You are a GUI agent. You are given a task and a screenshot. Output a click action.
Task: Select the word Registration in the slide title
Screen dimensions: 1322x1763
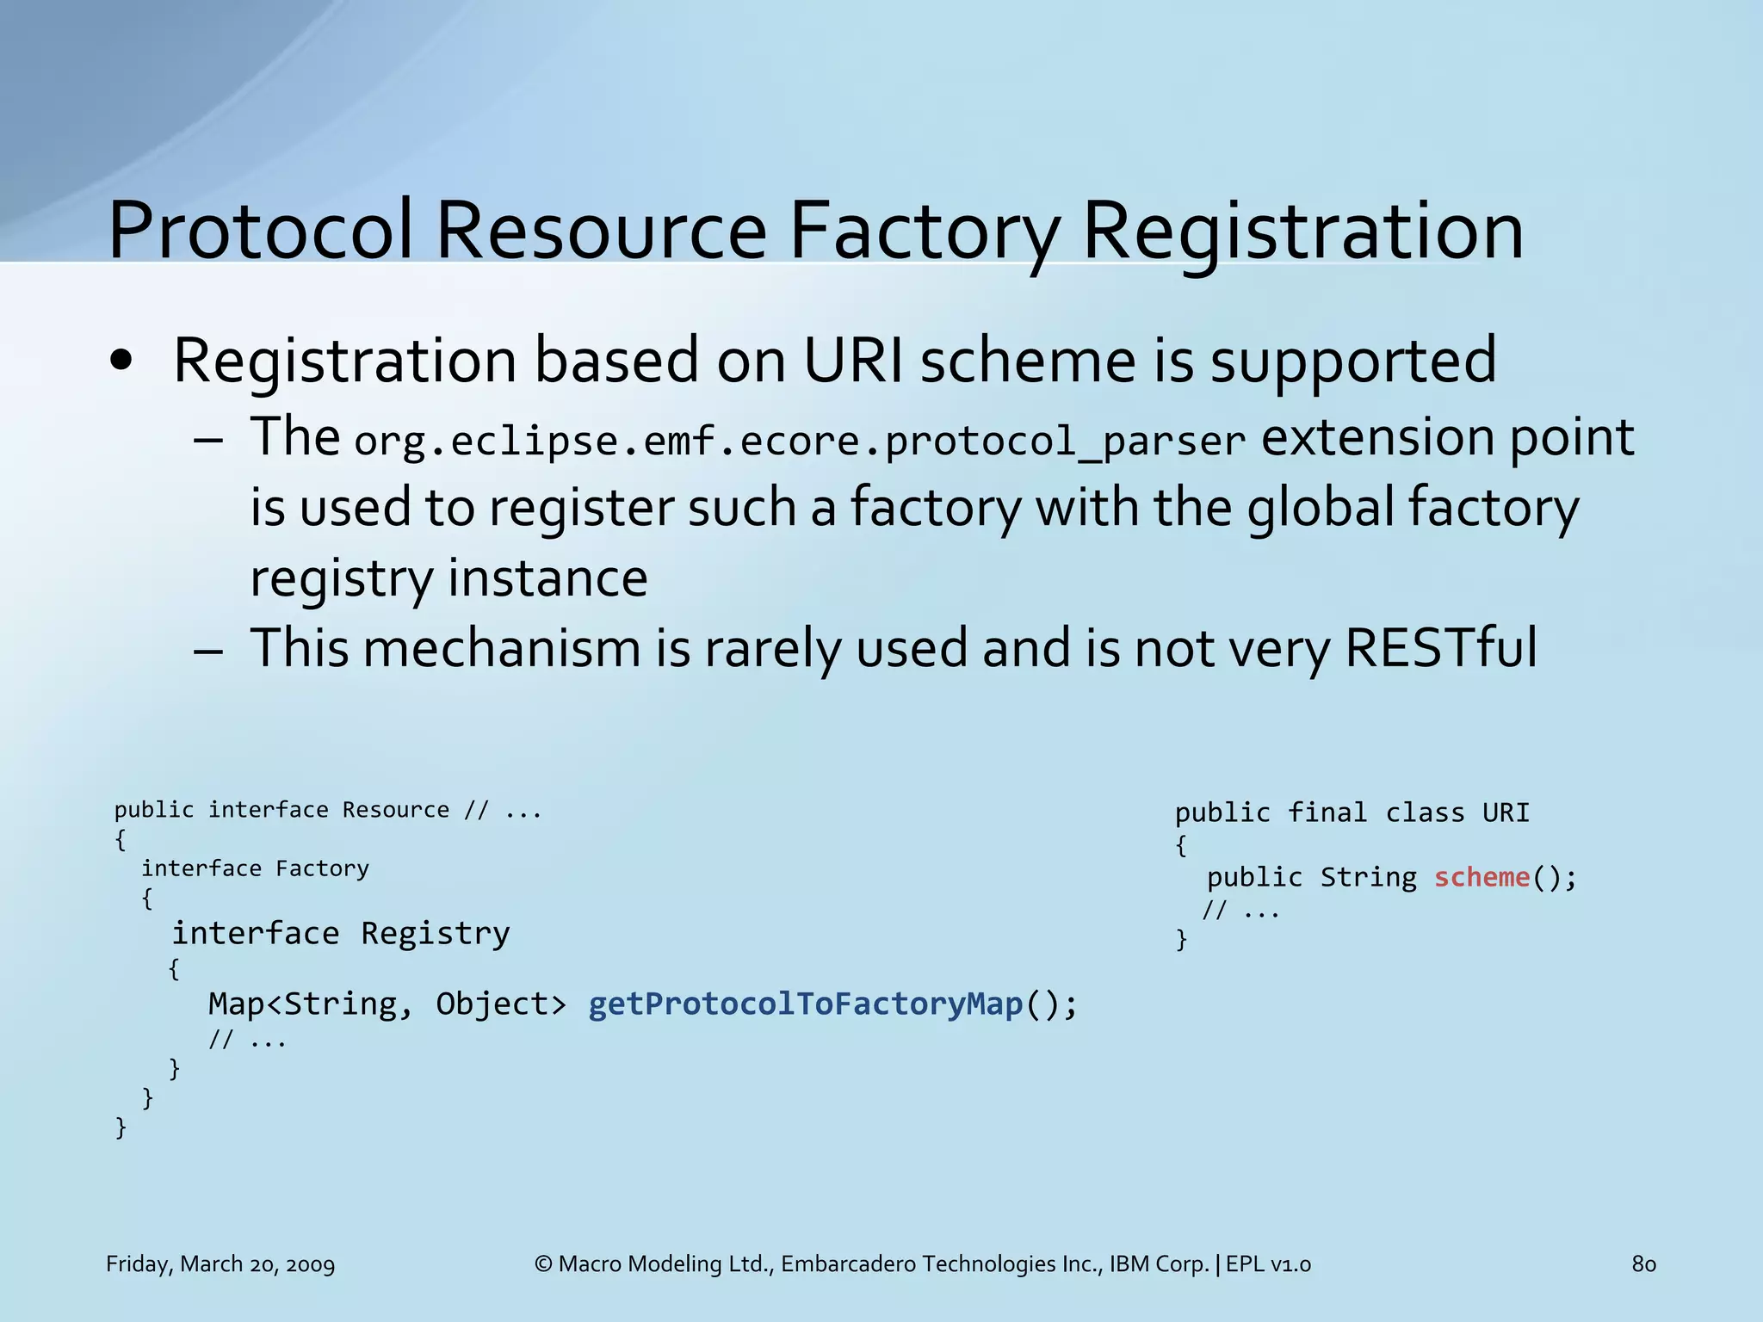click(x=1302, y=231)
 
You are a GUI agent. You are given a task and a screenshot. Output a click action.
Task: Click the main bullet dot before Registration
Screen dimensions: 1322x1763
click(x=121, y=362)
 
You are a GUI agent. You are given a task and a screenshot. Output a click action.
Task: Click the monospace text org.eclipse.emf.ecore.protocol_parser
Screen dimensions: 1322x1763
click(x=800, y=441)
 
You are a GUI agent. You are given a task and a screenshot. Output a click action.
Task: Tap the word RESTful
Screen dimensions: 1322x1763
click(x=1440, y=647)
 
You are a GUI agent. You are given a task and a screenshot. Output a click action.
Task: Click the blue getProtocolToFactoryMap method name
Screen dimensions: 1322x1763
click(x=806, y=1004)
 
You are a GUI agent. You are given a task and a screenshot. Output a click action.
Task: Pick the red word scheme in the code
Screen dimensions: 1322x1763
click(x=1482, y=877)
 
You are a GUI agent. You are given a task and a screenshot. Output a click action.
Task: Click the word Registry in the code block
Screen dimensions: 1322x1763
click(x=435, y=933)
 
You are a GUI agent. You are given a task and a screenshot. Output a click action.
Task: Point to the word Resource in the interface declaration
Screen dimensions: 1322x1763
click(x=396, y=810)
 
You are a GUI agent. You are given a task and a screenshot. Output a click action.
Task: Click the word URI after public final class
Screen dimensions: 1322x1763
click(x=1506, y=812)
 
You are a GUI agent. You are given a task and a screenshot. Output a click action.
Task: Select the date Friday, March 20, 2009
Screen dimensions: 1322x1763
click(x=220, y=1263)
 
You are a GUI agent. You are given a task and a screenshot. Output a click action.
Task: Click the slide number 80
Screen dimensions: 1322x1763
click(x=1643, y=1263)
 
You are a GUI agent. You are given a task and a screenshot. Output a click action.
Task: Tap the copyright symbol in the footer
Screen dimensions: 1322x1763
click(x=543, y=1263)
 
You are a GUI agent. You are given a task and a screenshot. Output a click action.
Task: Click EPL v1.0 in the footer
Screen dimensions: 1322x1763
click(x=1268, y=1263)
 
